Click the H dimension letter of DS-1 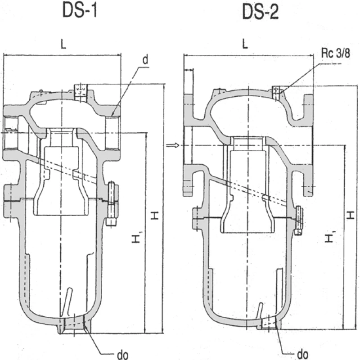[155, 215]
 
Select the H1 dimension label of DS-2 [332, 237]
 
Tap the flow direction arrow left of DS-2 [171, 145]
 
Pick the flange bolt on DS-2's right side [299, 220]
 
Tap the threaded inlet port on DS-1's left [10, 133]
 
